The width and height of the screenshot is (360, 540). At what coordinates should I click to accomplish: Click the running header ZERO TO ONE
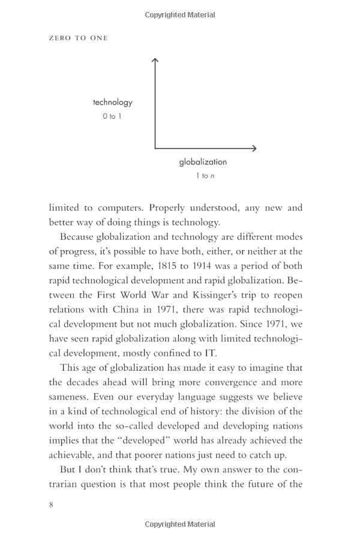tap(78, 38)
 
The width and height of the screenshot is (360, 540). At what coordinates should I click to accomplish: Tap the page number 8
tap(51, 504)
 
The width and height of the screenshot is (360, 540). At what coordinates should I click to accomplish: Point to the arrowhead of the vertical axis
tap(155, 59)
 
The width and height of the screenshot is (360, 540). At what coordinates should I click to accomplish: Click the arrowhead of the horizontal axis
tap(254, 148)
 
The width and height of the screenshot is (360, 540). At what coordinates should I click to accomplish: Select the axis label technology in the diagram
tap(113, 103)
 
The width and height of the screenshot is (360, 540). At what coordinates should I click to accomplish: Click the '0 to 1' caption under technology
tap(112, 116)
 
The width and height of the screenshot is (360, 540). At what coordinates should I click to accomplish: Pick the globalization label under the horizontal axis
tap(203, 162)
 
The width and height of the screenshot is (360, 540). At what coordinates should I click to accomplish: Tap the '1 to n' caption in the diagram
tap(205, 176)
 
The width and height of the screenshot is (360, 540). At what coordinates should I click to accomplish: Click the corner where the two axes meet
tap(155, 148)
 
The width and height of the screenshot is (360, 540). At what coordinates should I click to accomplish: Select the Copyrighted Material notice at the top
tap(180, 15)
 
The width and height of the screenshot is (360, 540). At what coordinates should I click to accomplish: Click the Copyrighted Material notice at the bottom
tap(180, 524)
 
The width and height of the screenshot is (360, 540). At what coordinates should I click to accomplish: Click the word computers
tap(118, 208)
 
